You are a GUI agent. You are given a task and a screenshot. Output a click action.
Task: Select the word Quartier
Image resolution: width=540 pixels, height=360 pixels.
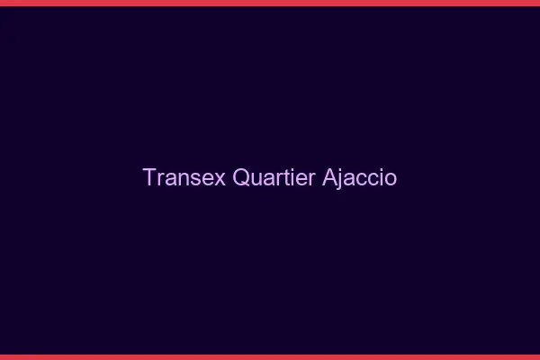coord(274,177)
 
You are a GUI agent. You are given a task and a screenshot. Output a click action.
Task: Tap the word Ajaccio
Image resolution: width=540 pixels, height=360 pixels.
coord(359,177)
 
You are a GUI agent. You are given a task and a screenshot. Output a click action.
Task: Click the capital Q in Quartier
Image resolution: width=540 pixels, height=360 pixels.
coord(241,177)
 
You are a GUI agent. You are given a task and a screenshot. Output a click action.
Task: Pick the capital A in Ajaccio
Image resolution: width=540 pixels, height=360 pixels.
coord(329,177)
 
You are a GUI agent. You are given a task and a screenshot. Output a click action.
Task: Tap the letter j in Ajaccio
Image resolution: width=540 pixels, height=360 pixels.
coord(341,179)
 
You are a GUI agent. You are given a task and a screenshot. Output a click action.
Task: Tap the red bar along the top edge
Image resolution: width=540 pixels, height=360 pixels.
coord(270,3)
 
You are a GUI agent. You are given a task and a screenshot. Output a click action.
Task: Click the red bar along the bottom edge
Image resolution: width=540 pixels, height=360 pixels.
coord(270,356)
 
